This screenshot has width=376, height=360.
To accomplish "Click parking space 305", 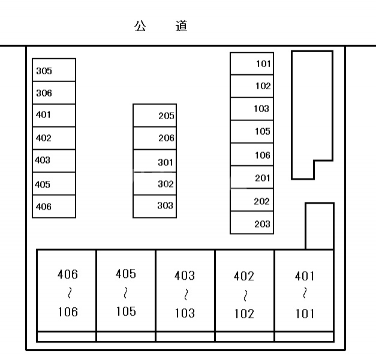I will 53,70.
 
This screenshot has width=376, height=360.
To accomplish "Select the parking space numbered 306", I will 53,93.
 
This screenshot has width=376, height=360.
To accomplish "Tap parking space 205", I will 155,116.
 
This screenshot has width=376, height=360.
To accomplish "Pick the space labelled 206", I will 155,138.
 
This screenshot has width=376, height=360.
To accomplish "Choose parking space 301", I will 155,162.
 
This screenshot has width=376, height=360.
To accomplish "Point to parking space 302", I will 155,184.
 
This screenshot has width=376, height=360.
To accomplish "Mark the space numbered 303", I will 155,206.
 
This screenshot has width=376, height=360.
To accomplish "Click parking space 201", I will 252,178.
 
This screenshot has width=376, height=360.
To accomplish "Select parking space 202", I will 252,201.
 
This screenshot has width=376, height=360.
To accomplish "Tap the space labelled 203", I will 252,223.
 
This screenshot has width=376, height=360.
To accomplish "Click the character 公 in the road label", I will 140,26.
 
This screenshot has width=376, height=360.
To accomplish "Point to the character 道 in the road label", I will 182,26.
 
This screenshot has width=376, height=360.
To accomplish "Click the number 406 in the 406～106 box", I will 67,275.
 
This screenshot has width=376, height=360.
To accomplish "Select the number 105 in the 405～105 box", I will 126,311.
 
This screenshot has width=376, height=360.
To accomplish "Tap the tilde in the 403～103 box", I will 185,294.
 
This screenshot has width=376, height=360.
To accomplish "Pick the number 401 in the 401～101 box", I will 305,276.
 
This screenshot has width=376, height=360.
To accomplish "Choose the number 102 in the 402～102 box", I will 244,313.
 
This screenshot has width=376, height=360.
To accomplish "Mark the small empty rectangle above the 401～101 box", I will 319,226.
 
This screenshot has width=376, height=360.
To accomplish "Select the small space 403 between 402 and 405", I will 53,161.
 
